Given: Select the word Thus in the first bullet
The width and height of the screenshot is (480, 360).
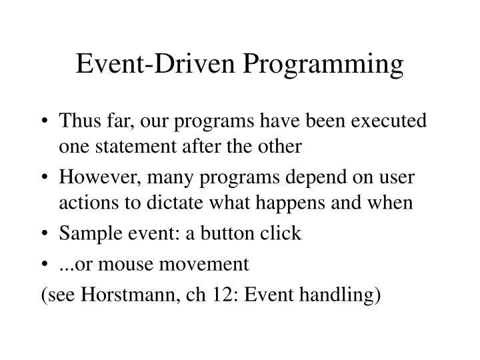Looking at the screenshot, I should [x=94, y=122].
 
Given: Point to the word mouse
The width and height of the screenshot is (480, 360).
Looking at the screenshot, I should [x=133, y=265].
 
